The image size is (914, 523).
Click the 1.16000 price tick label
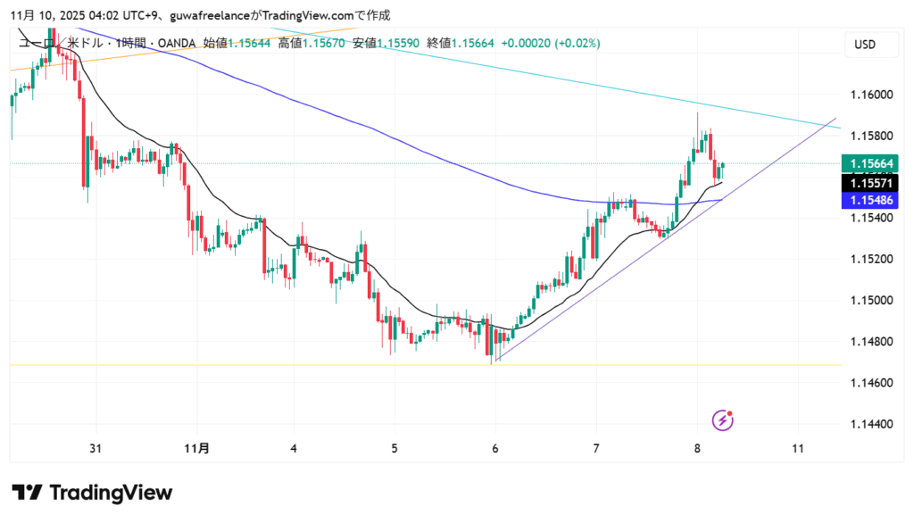pos(869,95)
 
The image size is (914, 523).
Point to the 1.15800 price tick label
pos(869,136)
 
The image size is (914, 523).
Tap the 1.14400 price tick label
pos(869,424)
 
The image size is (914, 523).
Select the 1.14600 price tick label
pos(869,383)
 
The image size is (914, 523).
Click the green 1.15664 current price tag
pos(874,163)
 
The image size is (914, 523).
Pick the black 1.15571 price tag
pos(874,183)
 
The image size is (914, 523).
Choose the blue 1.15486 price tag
pos(874,201)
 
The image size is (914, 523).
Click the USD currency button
pos(864,45)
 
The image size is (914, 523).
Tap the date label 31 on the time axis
pos(95,448)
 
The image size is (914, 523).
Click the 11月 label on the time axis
pos(198,448)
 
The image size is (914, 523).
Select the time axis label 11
pos(799,448)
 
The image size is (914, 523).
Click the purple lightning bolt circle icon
pos(723,419)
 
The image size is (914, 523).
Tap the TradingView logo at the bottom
pos(92,493)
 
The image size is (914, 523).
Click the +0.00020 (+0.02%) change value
pos(551,43)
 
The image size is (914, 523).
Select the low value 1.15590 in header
pos(400,43)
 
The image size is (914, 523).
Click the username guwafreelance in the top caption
pos(187,15)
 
